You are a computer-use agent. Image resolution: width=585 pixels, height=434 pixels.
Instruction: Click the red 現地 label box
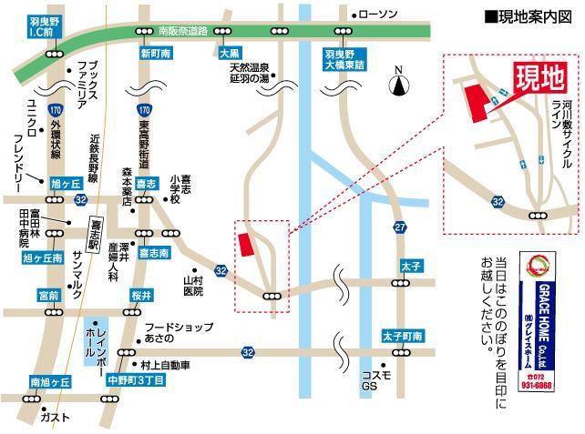point(540,75)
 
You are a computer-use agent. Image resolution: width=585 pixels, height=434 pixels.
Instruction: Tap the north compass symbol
point(398,85)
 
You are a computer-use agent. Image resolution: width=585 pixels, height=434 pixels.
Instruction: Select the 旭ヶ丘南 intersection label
point(43,258)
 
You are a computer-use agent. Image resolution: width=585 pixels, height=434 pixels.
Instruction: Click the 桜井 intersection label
point(141,296)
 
